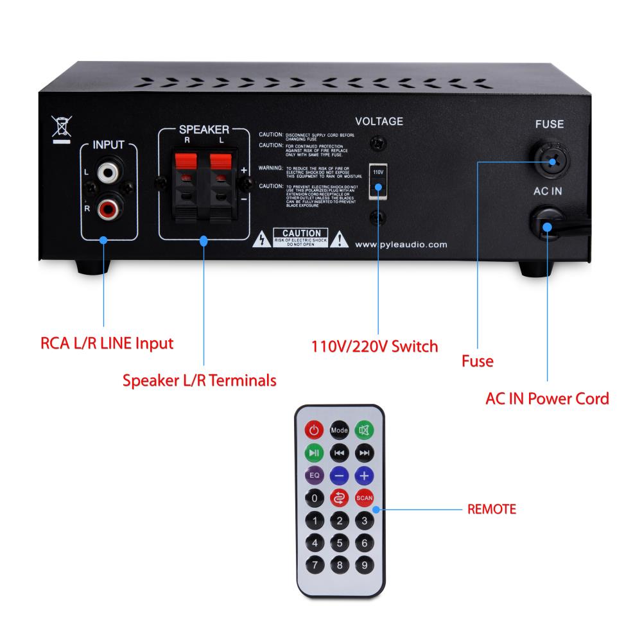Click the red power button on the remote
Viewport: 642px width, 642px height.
pos(314,429)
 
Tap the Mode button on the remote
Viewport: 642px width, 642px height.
pos(339,429)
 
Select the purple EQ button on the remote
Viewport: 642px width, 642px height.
pos(314,476)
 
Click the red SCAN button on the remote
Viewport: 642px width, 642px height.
pos(364,498)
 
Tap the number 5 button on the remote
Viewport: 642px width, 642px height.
pos(339,543)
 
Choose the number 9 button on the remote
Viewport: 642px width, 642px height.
pos(364,566)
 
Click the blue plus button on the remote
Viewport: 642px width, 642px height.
pos(364,476)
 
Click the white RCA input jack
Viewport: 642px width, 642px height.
pos(107,173)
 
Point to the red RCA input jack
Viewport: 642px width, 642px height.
pos(107,207)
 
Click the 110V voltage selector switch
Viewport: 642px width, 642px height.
pos(378,180)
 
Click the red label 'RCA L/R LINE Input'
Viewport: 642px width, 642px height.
pos(107,343)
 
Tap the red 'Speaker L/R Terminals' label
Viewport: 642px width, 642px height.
pos(200,380)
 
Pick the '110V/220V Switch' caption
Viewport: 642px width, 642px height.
pos(374,347)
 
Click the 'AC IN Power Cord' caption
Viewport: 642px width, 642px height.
pos(547,398)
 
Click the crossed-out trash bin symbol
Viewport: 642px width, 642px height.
pos(61,128)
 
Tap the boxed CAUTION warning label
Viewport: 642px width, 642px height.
pos(300,236)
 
